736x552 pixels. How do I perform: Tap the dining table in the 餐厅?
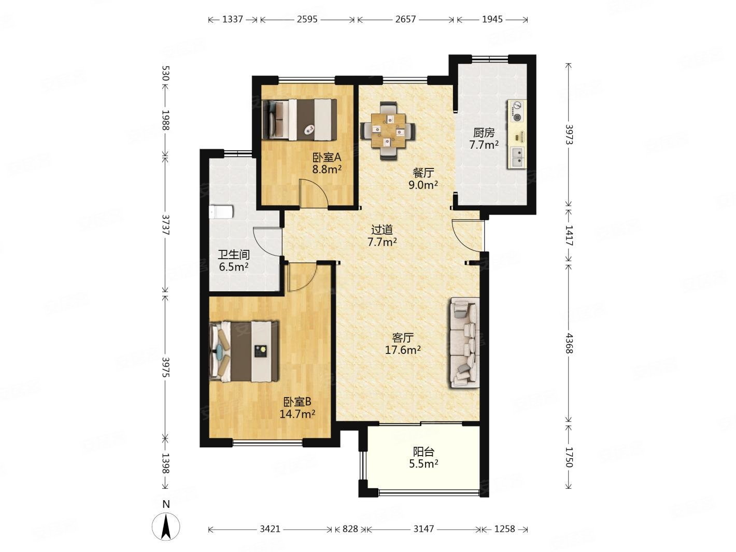[x=388, y=130]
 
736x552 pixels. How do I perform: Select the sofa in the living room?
[x=464, y=342]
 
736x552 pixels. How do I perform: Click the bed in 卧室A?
[x=300, y=119]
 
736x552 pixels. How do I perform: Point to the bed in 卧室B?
[x=244, y=351]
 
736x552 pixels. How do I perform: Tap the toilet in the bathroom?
[x=221, y=212]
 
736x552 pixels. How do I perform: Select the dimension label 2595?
[x=306, y=20]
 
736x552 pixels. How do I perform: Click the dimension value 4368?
[x=569, y=343]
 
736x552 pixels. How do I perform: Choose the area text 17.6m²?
[x=402, y=350]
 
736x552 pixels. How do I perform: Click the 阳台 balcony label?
[x=423, y=452]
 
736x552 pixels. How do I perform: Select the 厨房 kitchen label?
[x=484, y=133]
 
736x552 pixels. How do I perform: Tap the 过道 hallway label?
[x=382, y=230]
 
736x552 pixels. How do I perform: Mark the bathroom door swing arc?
[x=267, y=242]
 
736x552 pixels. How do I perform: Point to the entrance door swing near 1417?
[x=468, y=236]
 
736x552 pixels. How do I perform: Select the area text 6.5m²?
[x=233, y=267]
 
